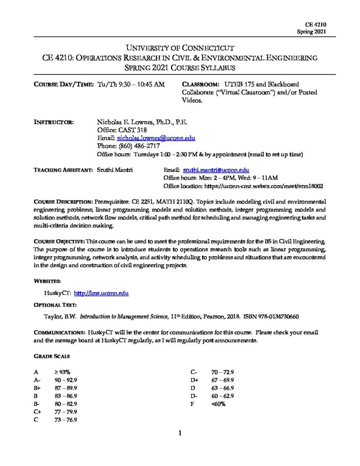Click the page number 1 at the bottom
180,433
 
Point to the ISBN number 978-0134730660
277,315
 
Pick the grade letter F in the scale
193,404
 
